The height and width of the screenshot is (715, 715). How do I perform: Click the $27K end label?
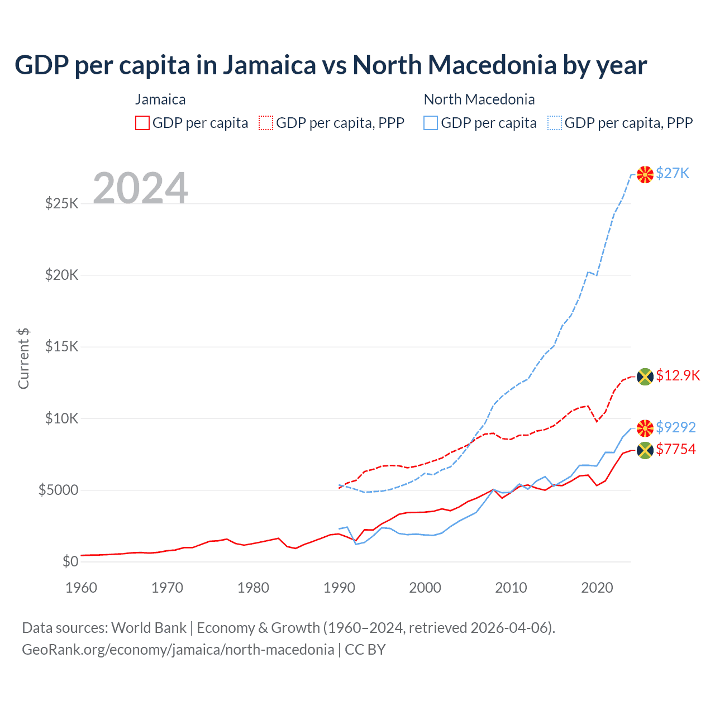point(673,173)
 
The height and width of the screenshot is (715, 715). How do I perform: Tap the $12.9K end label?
point(678,375)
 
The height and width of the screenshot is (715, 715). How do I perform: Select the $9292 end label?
point(675,427)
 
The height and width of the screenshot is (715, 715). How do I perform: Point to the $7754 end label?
point(675,449)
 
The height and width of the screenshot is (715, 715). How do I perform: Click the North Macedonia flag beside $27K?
point(645,174)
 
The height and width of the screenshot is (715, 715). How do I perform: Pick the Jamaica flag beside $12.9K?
point(645,376)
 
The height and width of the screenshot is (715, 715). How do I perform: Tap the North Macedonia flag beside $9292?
point(645,428)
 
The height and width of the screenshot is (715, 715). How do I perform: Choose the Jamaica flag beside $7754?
point(645,450)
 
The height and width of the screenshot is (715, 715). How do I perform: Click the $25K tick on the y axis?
point(62,203)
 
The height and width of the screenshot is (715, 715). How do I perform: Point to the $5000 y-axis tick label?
point(59,490)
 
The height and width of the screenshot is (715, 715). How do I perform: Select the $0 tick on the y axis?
point(70,562)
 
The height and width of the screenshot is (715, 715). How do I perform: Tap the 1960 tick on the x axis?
point(82,588)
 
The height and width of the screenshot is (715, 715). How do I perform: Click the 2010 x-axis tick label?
point(511,588)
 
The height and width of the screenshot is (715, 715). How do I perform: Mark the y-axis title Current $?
point(23,359)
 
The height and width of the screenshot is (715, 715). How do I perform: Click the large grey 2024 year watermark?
point(140,188)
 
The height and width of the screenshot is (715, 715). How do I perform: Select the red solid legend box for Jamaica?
point(142,123)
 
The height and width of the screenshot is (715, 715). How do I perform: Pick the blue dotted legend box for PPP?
point(555,123)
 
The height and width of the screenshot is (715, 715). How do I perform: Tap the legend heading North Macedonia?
point(479,99)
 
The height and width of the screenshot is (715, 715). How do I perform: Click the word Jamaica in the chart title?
point(270,65)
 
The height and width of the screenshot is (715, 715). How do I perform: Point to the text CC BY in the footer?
point(365,650)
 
